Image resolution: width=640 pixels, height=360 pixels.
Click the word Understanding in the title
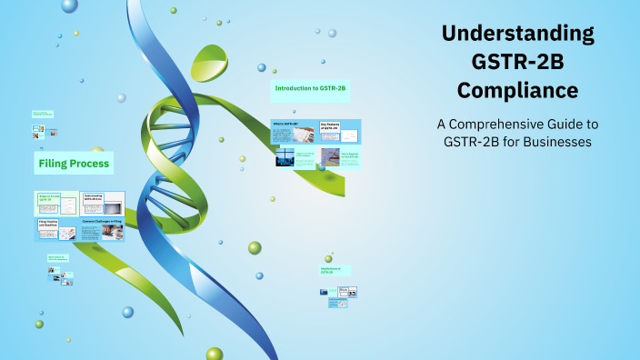point(518,35)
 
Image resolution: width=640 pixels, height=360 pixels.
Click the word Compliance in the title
point(518,91)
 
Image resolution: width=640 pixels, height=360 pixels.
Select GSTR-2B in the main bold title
point(518,63)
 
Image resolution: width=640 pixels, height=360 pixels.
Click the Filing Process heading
point(74,164)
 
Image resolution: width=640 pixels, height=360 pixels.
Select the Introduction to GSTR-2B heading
point(311,88)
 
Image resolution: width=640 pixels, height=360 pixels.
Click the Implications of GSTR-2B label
point(335,271)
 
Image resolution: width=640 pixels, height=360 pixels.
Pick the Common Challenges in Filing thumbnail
point(102,230)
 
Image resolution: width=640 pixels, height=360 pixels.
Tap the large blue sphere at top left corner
point(69,6)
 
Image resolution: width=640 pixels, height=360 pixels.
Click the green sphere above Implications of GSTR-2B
point(255,247)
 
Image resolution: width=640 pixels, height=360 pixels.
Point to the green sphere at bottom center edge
point(215,354)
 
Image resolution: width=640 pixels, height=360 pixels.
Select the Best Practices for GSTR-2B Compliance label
point(60,259)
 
